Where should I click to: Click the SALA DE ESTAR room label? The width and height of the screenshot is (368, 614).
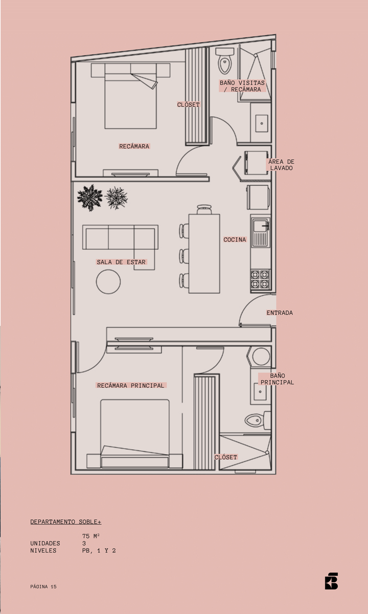[x=121, y=262]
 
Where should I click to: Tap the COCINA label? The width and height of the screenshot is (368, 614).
[x=235, y=239]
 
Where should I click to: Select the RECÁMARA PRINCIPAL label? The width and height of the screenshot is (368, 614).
[x=131, y=385]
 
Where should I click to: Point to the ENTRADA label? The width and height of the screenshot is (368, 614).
[x=280, y=313]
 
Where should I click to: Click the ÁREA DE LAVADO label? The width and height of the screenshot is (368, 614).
[x=281, y=165]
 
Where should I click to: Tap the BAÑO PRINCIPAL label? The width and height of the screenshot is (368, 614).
[x=277, y=379]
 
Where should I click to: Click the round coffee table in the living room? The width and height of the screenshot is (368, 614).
[x=108, y=282]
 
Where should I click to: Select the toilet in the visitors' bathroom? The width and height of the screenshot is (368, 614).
[x=225, y=61]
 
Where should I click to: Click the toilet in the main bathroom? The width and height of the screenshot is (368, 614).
[x=258, y=420]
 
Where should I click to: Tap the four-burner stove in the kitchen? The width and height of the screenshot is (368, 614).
[x=260, y=279]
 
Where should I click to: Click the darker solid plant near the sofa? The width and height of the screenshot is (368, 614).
[x=89, y=198]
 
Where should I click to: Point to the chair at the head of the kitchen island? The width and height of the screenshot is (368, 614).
[x=204, y=209]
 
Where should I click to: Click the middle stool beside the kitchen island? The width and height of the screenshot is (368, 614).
[x=184, y=256]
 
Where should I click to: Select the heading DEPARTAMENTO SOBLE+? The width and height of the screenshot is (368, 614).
[x=66, y=521]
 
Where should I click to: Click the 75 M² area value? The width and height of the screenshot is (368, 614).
[x=90, y=536]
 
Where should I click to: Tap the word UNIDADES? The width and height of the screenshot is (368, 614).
[x=45, y=543]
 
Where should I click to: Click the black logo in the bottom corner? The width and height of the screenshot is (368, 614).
[x=331, y=581]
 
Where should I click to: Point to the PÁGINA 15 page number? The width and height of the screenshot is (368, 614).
[x=43, y=586]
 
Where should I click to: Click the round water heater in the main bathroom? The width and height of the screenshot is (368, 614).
[x=261, y=357]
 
